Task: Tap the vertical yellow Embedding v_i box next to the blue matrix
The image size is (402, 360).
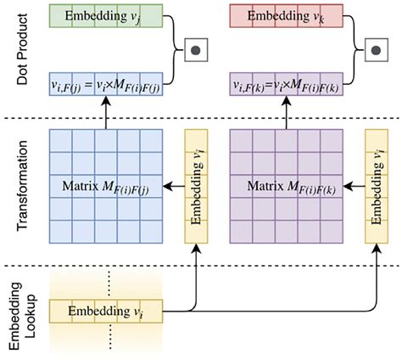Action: (197, 185)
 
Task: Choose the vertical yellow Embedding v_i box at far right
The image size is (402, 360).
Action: (377, 185)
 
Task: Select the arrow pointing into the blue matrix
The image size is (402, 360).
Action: (173, 185)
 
